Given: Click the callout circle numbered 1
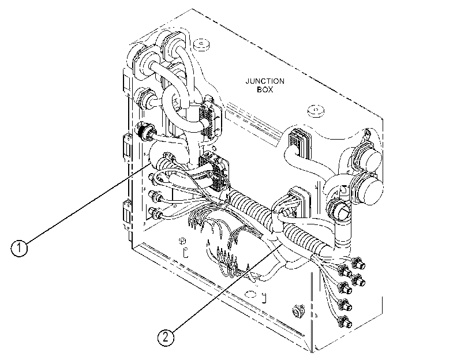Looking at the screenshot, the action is point(19,247).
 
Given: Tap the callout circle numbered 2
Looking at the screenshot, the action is point(166,337).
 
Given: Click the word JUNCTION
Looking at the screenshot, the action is point(265,81).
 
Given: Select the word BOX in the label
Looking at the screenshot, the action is point(265,89).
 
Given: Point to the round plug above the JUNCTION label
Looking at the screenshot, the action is point(201,45).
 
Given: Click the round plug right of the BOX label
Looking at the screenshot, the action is point(316,111).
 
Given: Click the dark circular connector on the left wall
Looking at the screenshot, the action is point(144,130).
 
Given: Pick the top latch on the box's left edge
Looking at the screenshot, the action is point(126,82).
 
